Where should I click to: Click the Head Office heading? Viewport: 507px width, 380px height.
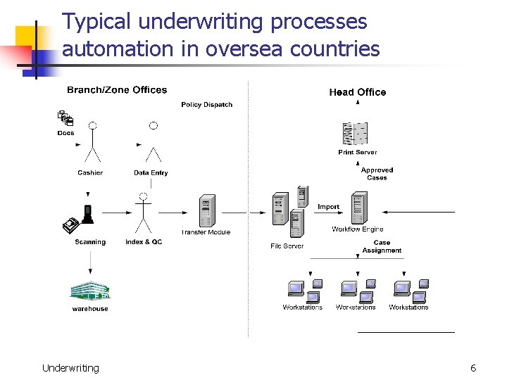click(x=357, y=92)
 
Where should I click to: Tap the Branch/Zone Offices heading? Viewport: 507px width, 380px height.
click(x=117, y=90)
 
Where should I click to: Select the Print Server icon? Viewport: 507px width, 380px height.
click(x=356, y=134)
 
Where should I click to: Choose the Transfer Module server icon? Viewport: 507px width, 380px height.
click(x=206, y=210)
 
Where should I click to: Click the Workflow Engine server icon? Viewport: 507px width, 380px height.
click(x=359, y=209)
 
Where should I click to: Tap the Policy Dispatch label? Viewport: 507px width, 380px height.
click(x=206, y=105)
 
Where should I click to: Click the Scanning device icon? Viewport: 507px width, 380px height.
click(x=79, y=220)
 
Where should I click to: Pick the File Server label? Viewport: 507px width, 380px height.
click(x=287, y=246)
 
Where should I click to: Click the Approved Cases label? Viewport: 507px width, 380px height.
click(x=377, y=174)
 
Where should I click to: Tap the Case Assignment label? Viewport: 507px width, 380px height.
click(x=382, y=246)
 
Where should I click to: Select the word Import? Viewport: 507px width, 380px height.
click(x=328, y=207)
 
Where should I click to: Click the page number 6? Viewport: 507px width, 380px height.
click(x=473, y=368)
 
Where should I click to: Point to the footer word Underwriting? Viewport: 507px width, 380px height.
click(x=70, y=368)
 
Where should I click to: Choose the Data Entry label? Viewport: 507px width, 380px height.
click(x=151, y=173)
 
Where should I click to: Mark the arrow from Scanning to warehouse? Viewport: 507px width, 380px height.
click(x=90, y=264)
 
